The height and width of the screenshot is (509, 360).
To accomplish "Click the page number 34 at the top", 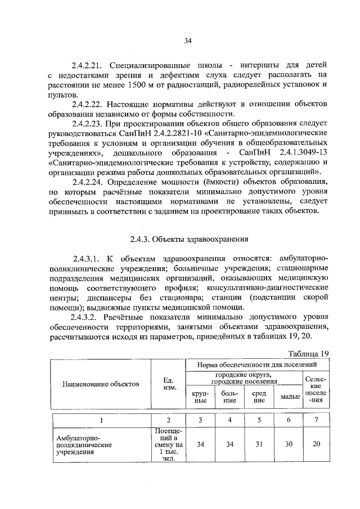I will click(x=188, y=40).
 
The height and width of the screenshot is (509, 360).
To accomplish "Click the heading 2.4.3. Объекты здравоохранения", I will click(x=188, y=239).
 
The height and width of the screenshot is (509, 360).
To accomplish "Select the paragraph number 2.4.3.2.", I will click(x=87, y=317).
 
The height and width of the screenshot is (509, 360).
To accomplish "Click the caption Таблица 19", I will click(x=308, y=353).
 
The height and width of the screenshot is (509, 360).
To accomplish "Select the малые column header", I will click(x=290, y=398).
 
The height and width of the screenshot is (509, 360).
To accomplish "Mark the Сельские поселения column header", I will click(x=316, y=389).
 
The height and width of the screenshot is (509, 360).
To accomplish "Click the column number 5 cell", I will click(x=259, y=420).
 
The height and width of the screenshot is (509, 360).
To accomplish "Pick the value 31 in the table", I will click(x=259, y=444).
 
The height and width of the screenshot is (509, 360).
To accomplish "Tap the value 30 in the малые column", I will click(x=289, y=444).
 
